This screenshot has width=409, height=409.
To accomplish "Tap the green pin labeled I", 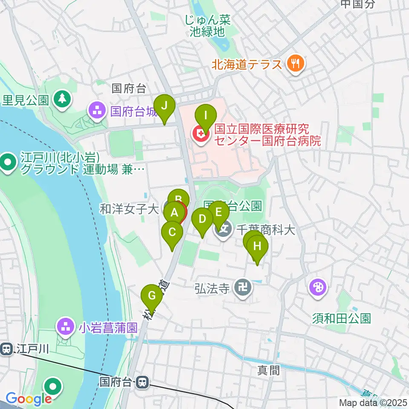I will pyautogui.click(x=205, y=115).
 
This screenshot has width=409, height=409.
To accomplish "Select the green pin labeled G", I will pyautogui.click(x=152, y=295).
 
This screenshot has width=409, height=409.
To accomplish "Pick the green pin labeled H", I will pyautogui.click(x=257, y=246).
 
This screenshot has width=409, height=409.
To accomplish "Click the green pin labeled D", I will pyautogui.click(x=202, y=219).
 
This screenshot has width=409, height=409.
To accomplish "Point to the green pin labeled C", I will pyautogui.click(x=173, y=233).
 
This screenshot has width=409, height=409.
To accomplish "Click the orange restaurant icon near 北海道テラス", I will pyautogui.click(x=294, y=64).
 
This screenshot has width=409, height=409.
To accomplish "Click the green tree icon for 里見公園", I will pyautogui.click(x=62, y=100).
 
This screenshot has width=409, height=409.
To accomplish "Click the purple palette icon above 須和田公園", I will pyautogui.click(x=318, y=288).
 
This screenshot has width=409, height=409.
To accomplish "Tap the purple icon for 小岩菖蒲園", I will pyautogui.click(x=65, y=328).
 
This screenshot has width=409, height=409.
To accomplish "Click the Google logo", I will pyautogui.click(x=29, y=399).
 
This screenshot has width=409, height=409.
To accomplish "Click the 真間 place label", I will pyautogui.click(x=269, y=370).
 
